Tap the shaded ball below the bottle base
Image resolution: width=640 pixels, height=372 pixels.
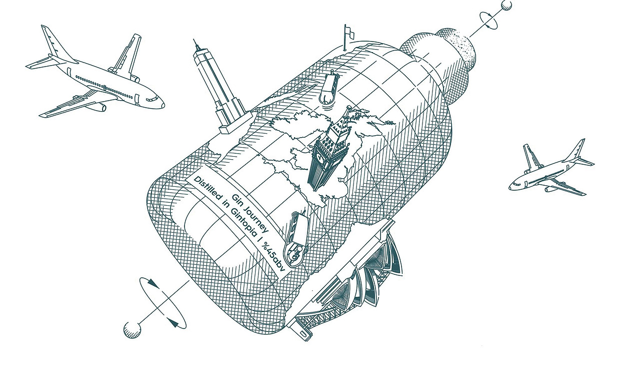tap(132, 330)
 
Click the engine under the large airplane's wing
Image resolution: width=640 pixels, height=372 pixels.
tap(100, 107)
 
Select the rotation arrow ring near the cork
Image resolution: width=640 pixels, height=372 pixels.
tap(489, 20)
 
